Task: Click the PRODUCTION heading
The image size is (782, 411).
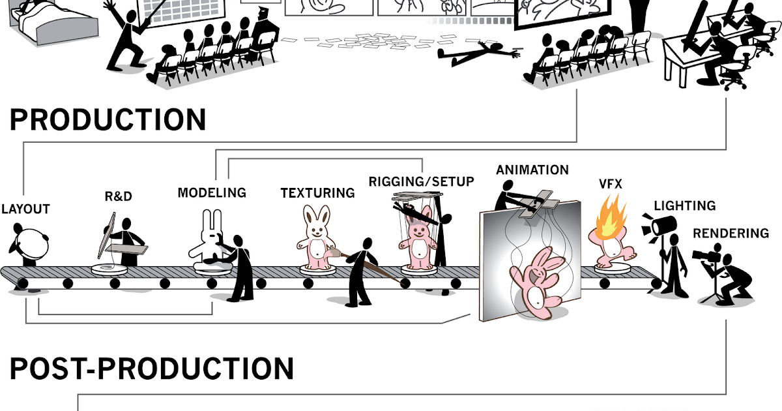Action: [x=108, y=119]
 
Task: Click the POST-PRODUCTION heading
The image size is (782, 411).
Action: [x=151, y=369]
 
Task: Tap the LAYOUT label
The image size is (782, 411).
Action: [x=26, y=209]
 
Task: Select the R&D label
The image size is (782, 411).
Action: [x=119, y=196]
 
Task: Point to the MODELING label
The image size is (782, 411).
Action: [x=212, y=193]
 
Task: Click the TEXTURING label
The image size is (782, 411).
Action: [x=318, y=193]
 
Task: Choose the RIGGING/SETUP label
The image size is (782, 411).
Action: [x=422, y=182]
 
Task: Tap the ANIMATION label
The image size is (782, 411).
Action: [x=532, y=170]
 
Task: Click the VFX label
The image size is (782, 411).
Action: [x=610, y=184]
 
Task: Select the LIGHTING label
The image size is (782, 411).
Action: [x=685, y=206]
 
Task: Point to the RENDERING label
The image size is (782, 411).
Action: [x=731, y=234]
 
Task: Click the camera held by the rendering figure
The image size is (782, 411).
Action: [x=706, y=255]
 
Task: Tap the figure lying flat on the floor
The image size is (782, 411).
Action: [x=479, y=53]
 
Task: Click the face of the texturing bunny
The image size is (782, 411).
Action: [x=317, y=230]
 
